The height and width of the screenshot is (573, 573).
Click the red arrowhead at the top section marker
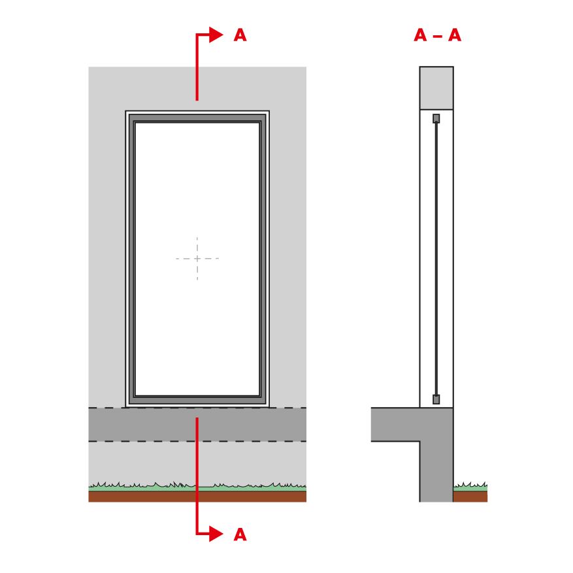pyautogui.click(x=216, y=35)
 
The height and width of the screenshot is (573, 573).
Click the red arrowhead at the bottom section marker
pyautogui.click(x=216, y=534)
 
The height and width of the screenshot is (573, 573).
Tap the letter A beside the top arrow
pyautogui.click(x=240, y=35)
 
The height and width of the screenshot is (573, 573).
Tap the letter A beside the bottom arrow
pyautogui.click(x=240, y=534)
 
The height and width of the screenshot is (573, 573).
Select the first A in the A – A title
pyautogui.click(x=420, y=35)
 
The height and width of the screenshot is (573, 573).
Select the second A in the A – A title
pyautogui.click(x=455, y=35)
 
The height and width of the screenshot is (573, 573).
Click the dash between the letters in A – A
pyautogui.click(x=437, y=36)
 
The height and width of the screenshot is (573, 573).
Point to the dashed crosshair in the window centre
pyautogui.click(x=197, y=258)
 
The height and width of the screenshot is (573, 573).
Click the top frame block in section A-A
pyautogui.click(x=436, y=118)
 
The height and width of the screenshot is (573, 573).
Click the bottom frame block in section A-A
pyautogui.click(x=436, y=399)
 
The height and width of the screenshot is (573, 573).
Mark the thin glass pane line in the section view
pyautogui.click(x=436, y=259)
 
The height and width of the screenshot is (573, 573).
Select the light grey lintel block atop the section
pyautogui.click(x=436, y=88)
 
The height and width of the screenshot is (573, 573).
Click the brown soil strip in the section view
pyautogui.click(x=470, y=497)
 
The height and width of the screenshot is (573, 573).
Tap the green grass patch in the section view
pyautogui.click(x=470, y=487)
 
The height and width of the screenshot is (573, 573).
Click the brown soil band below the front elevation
pyautogui.click(x=197, y=497)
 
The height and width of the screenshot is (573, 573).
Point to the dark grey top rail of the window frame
pyautogui.click(x=197, y=118)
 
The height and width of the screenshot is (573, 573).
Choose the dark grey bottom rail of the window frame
pyautogui.click(x=197, y=400)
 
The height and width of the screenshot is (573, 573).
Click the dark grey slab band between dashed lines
pyautogui.click(x=197, y=424)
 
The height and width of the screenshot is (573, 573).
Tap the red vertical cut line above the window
pyautogui.click(x=197, y=67)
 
